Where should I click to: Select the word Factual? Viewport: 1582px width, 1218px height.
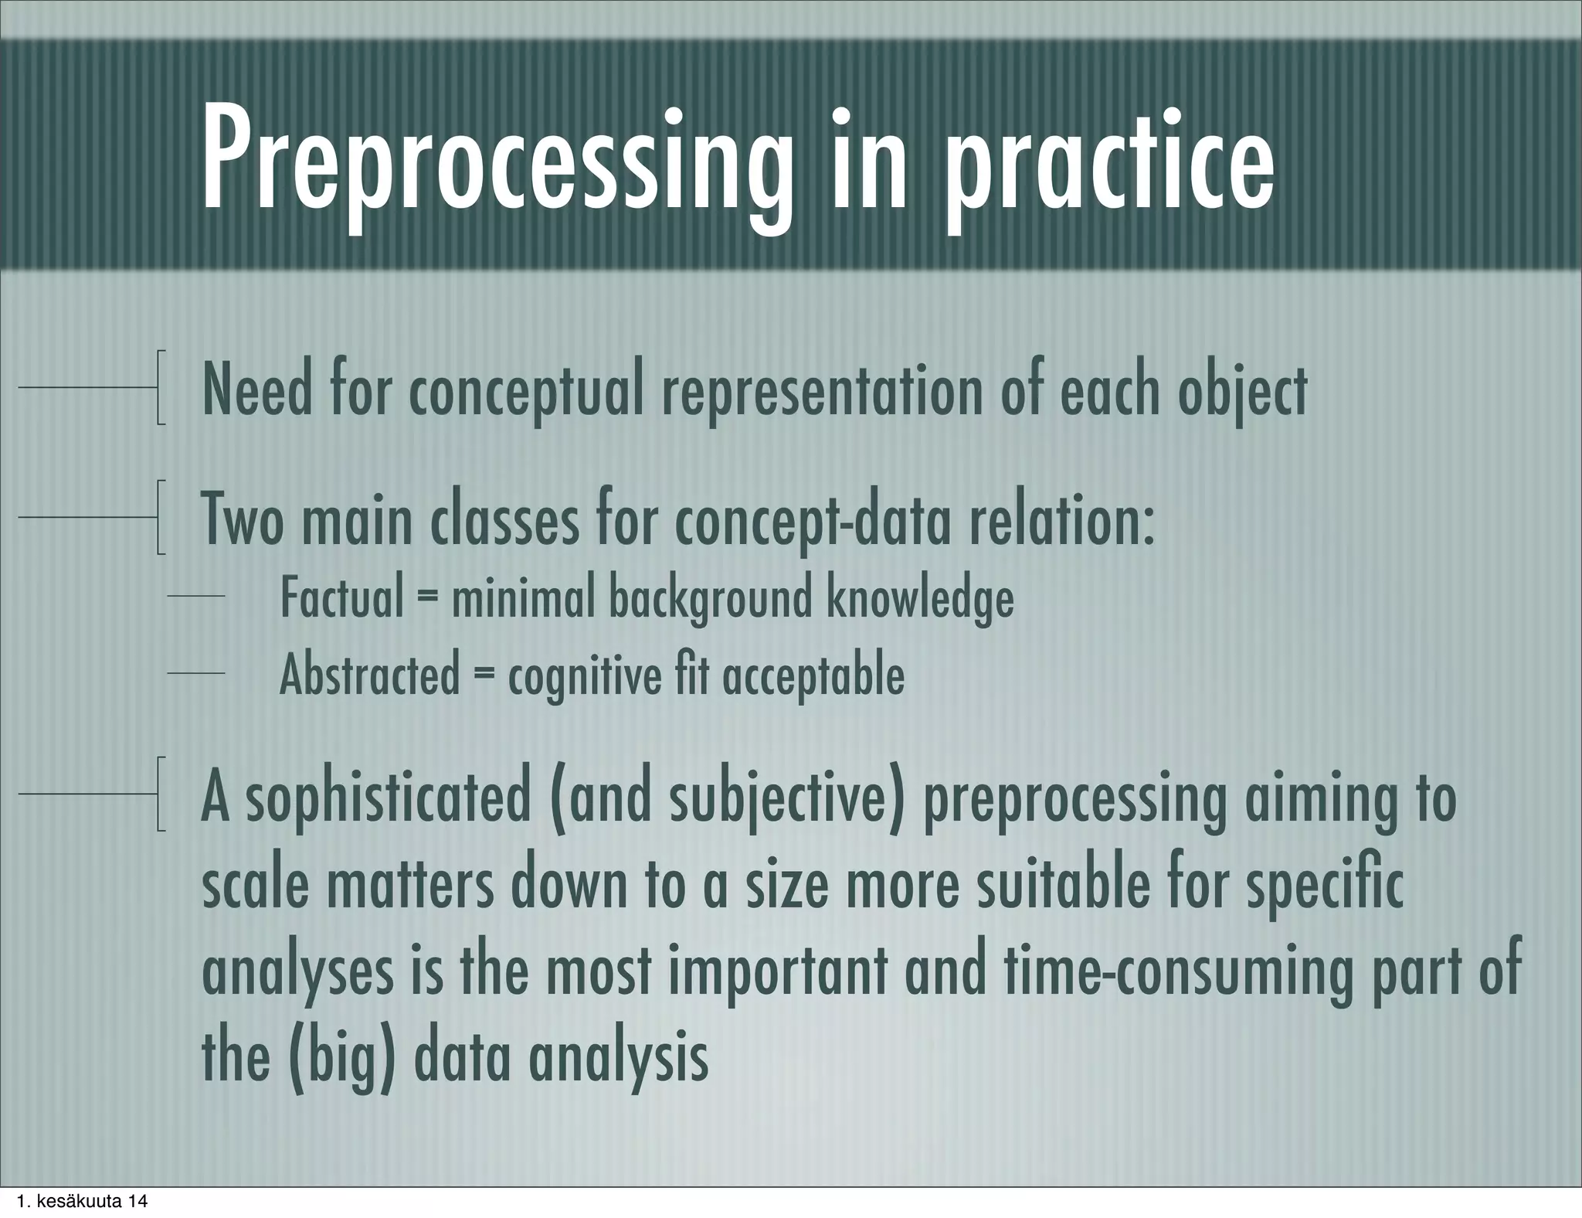click(341, 597)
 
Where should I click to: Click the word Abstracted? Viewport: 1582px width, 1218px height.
click(369, 675)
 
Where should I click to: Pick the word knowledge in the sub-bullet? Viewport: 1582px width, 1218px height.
click(919, 597)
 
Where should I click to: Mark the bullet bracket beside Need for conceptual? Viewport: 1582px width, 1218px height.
click(160, 387)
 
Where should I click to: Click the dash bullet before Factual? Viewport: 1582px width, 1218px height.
click(196, 597)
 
